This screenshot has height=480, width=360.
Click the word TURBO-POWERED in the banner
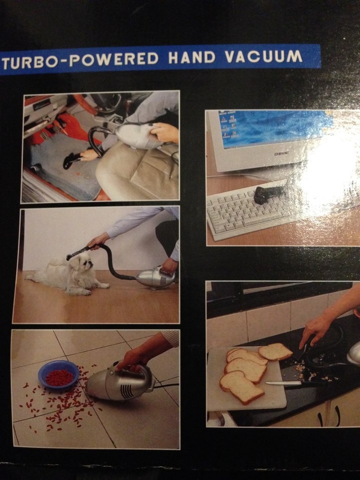tap(81, 60)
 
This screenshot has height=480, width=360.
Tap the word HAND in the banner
tap(192, 58)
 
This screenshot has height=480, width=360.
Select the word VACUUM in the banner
tap(264, 57)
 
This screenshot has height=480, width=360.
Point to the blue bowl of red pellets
tap(58, 375)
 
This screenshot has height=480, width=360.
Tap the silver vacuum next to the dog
tap(155, 277)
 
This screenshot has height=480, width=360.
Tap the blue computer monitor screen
tap(275, 129)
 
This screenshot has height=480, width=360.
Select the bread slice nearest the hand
tap(275, 352)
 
